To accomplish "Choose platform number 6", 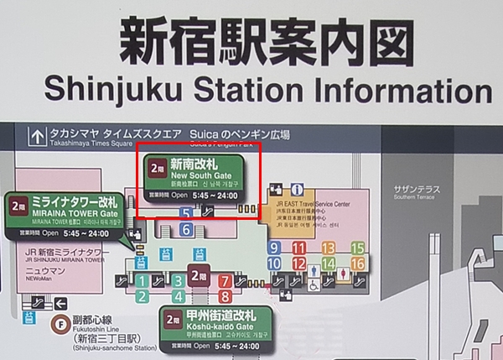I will (x=187, y=229).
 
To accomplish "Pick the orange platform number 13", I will (x=328, y=248).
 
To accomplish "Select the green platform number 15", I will (x=358, y=248).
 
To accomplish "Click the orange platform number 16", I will (x=358, y=263).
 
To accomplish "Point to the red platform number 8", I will (x=225, y=295).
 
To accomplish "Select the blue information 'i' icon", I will (x=298, y=190).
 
